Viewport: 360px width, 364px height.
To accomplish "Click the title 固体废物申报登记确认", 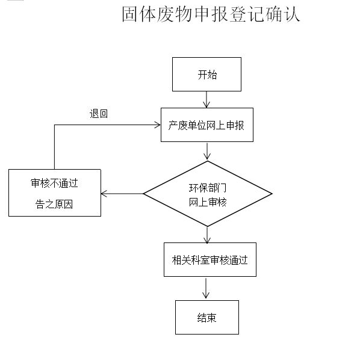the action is [211, 14].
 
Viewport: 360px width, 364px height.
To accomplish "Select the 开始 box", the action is [206, 74].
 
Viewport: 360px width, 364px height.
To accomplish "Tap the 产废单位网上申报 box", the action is [207, 125].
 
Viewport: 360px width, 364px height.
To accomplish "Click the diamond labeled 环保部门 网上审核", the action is [208, 194].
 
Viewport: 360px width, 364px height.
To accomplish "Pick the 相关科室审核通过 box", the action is [210, 259].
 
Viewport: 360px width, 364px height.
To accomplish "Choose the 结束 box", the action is [207, 317].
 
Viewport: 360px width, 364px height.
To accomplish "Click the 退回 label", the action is [99, 114].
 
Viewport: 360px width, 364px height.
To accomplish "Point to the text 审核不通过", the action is [54, 183].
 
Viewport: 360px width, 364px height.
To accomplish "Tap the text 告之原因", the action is [54, 205].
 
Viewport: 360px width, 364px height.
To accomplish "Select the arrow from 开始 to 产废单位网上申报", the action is [206, 99].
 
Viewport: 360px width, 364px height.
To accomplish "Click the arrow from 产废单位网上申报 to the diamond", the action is [207, 151].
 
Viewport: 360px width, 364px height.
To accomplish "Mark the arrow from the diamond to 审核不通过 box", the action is [122, 194].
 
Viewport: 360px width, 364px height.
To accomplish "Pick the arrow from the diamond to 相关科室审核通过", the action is [207, 235].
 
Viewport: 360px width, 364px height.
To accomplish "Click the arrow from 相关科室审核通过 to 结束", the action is [206, 288].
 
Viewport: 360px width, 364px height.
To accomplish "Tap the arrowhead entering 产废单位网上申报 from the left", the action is [158, 125].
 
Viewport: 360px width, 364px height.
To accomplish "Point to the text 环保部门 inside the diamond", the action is [208, 188].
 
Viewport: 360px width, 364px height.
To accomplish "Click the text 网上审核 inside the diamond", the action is [208, 202].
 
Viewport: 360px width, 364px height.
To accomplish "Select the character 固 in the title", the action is [130, 14].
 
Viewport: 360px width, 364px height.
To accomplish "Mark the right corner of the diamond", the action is [272, 194].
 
